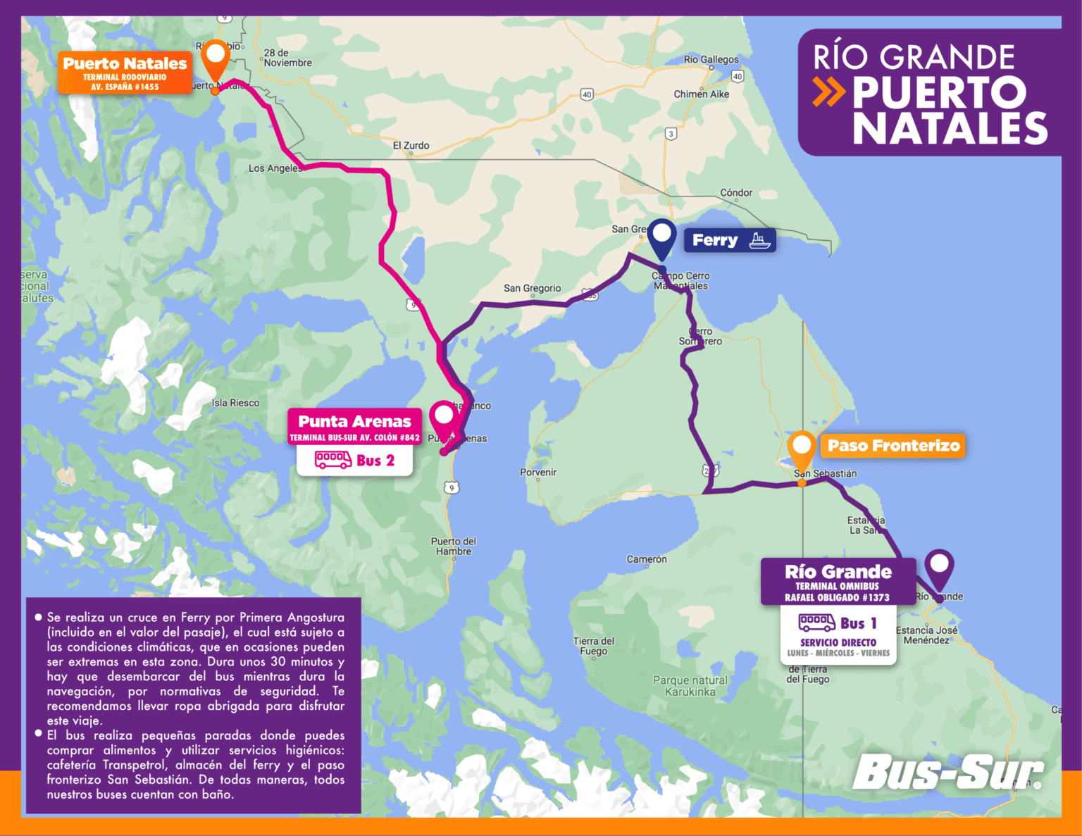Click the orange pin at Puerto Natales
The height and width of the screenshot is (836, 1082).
coord(215,58)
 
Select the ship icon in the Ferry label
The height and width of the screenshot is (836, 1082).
coord(759,241)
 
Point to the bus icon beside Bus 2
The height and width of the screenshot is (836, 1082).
coord(332,461)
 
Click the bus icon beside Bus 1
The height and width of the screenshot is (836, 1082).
coord(816,623)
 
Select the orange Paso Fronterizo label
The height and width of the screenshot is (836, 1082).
coord(893,446)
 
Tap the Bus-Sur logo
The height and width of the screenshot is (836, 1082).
coord(947,773)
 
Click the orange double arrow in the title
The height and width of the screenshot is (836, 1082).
coord(828,92)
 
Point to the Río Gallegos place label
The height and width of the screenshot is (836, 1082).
coord(711,60)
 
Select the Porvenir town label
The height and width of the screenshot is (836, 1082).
coord(538,473)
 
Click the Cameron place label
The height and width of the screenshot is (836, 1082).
coord(647,559)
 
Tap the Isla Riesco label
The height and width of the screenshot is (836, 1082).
coord(235,403)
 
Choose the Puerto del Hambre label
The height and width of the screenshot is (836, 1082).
coord(454,547)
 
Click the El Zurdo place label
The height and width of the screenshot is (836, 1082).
coord(411,146)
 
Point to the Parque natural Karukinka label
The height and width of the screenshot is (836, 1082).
coord(690,686)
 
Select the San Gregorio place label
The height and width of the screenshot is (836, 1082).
coord(532,288)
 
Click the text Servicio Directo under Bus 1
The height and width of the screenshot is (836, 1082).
coord(838,642)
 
